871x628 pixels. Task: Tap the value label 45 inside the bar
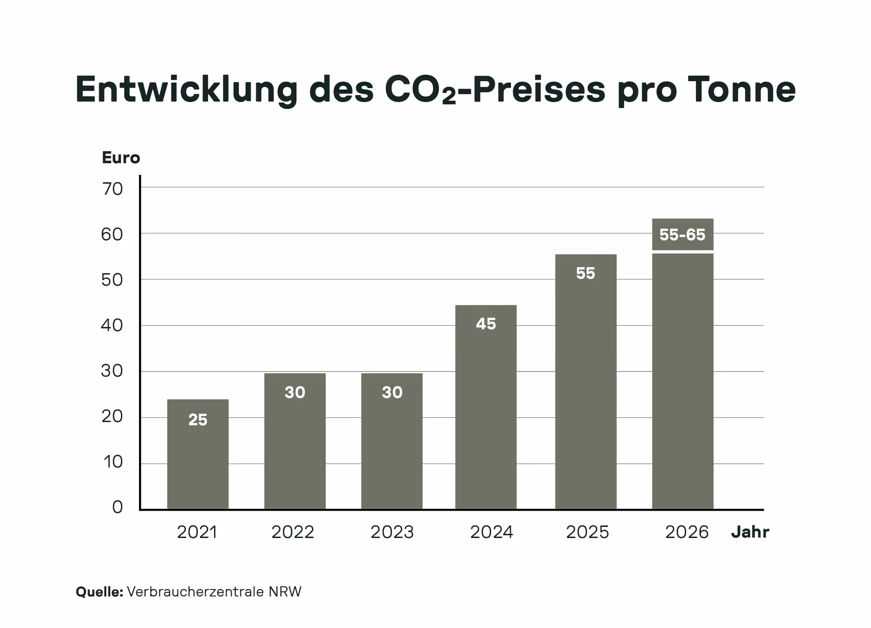[486, 324]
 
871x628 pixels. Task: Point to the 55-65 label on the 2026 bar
[682, 235]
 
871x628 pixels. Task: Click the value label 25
[198, 420]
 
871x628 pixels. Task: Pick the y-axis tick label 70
[112, 189]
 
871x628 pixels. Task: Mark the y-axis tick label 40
[112, 326]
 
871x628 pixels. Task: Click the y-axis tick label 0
[117, 507]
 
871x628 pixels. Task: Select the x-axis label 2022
[293, 532]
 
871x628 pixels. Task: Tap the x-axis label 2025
[587, 532]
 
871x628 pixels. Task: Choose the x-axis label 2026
[687, 532]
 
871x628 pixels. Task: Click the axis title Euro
[121, 158]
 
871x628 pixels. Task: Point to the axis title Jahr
[750, 532]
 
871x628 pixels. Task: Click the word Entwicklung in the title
[186, 89]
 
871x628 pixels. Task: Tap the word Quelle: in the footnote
[99, 592]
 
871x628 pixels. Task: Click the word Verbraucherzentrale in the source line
[196, 592]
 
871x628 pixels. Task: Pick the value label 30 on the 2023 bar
[392, 392]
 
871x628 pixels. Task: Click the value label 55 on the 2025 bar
[585, 273]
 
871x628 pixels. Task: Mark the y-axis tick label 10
[113, 462]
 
